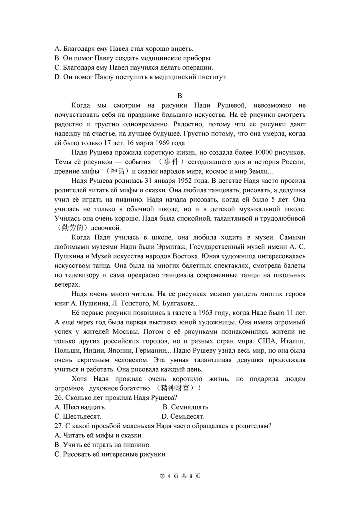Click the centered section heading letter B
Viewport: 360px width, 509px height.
180,96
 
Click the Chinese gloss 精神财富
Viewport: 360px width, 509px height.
176,388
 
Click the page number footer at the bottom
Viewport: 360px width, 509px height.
180,476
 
